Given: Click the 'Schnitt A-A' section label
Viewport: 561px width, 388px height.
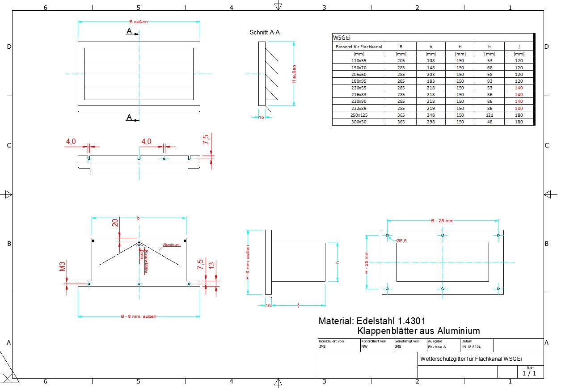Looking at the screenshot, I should [265, 32].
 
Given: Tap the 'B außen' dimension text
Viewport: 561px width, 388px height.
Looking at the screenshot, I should [139, 21].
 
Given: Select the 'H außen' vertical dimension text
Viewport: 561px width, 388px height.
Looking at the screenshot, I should [294, 74].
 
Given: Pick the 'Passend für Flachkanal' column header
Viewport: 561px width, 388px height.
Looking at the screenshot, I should [359, 46].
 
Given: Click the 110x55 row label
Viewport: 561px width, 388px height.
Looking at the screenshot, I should [359, 60].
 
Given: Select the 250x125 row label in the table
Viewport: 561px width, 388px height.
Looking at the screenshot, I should [359, 115].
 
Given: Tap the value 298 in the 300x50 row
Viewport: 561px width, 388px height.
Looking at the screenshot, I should [431, 122].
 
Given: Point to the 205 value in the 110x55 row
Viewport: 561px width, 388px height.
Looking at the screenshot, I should [401, 60].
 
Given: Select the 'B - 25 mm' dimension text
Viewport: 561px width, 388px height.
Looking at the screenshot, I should [442, 220].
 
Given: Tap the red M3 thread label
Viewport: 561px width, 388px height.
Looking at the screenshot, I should [63, 267].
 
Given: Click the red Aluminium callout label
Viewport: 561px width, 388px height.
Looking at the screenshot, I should [171, 245].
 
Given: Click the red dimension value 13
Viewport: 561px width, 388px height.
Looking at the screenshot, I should [211, 265].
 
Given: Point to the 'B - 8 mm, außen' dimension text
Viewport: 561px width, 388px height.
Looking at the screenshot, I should [139, 316].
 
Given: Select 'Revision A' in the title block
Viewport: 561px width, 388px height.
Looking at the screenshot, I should [437, 346].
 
